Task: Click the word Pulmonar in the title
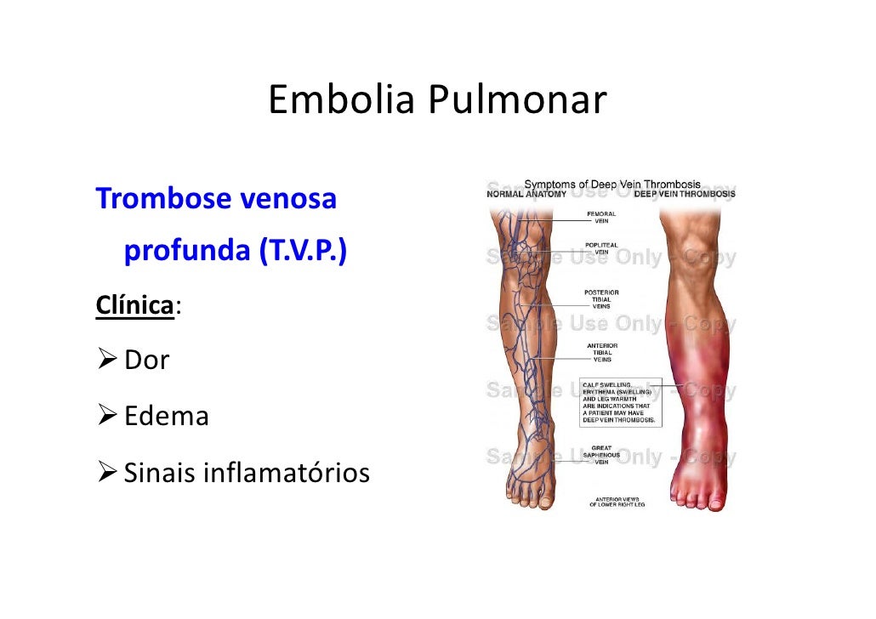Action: (516, 100)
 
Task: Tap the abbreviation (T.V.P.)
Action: (300, 253)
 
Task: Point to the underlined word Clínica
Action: (134, 305)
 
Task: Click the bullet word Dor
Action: (147, 360)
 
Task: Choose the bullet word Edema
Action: (167, 416)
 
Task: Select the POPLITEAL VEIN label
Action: (601, 247)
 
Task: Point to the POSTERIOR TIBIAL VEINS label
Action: (601, 298)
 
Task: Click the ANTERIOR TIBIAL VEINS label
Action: (601, 352)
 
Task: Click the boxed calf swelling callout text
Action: (619, 401)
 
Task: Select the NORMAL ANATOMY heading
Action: (526, 194)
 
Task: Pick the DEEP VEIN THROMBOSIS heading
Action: (685, 194)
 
